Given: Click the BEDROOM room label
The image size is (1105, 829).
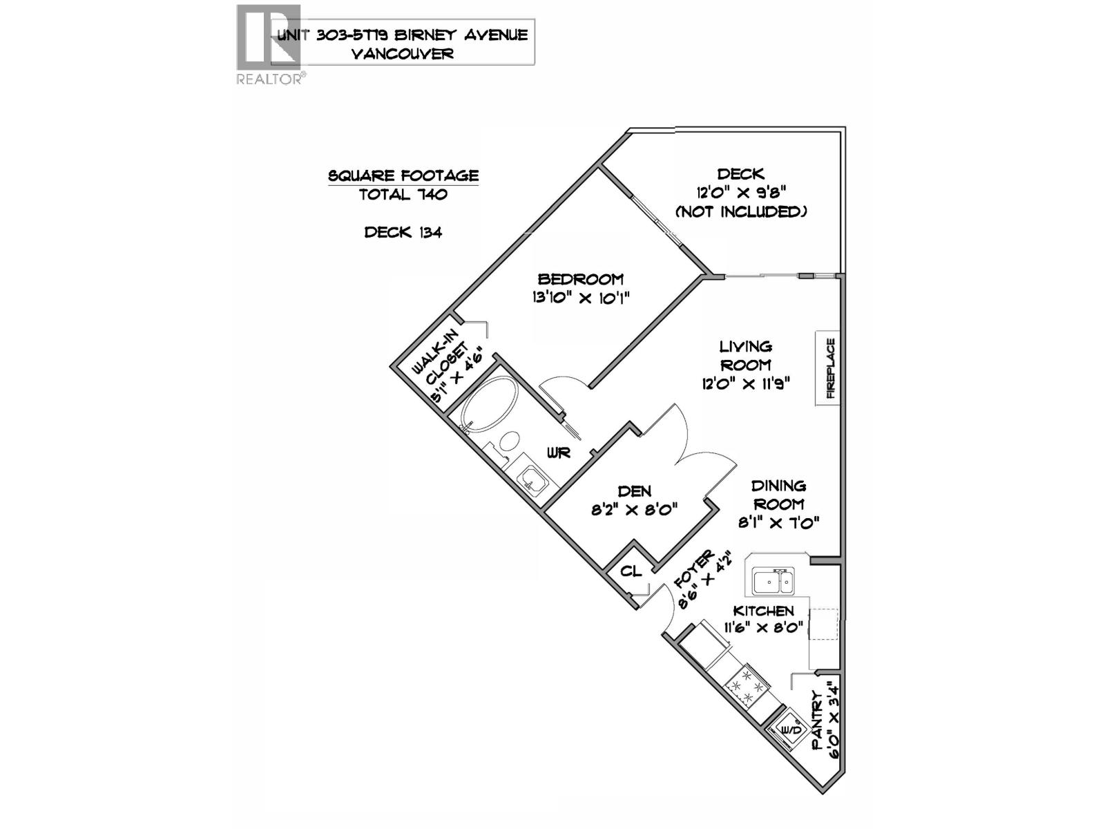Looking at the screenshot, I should coord(580,279).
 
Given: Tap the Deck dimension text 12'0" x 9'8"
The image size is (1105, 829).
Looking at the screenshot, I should coord(740,193).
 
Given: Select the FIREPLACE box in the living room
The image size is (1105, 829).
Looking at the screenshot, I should coord(829,368).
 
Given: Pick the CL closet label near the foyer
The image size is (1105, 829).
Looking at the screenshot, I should coord(631,571).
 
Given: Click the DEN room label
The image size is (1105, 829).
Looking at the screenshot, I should coord(634,491).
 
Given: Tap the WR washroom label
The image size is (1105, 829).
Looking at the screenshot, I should coord(558,453).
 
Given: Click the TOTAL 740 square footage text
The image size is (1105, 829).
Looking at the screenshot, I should coord(403,195).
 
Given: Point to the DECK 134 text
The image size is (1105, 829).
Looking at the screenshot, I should coord(403,232).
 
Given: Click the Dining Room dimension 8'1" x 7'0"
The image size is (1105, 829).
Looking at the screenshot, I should coord(778,523).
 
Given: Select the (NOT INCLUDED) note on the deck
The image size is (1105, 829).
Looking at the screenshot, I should coord(740,212).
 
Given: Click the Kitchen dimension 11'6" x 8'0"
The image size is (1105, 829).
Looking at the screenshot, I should coord(763,628).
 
